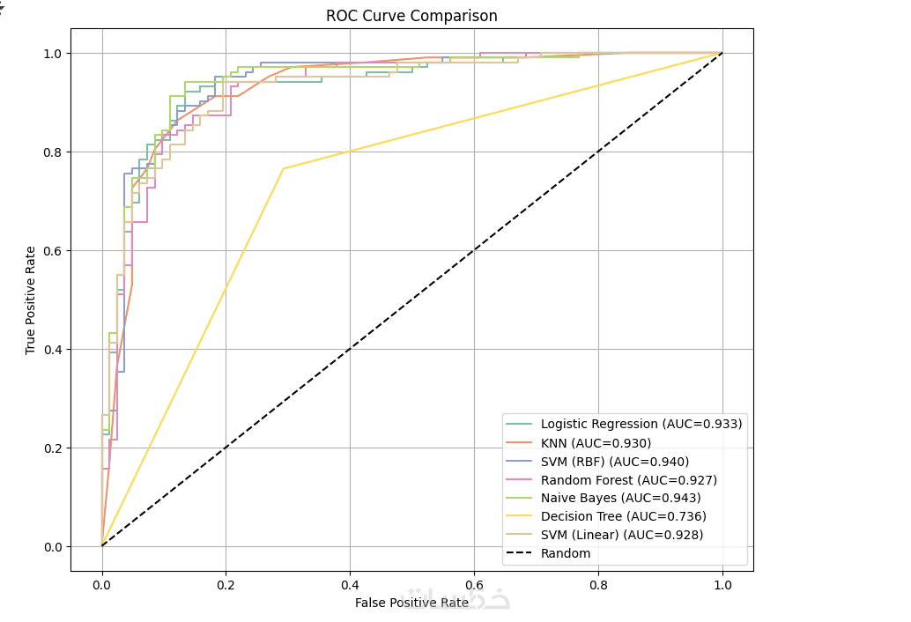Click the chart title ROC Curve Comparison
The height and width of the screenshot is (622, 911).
click(411, 16)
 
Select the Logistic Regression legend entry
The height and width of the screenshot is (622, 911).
click(641, 424)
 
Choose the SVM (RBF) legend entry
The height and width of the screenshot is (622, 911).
click(614, 461)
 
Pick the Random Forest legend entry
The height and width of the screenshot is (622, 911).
click(628, 479)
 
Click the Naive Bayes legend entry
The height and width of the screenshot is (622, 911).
click(620, 498)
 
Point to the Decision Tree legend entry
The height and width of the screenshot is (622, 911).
click(623, 516)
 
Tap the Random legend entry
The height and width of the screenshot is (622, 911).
click(566, 553)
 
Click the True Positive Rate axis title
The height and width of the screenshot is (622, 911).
click(31, 300)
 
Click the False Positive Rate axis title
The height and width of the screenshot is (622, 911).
click(411, 603)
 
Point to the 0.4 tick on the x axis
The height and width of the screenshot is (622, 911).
click(350, 583)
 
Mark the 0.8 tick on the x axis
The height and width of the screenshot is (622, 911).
click(598, 583)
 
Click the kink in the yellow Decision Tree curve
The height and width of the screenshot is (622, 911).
click(283, 168)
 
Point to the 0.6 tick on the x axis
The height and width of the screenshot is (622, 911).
click(474, 583)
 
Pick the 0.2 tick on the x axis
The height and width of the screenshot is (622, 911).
click(226, 583)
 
